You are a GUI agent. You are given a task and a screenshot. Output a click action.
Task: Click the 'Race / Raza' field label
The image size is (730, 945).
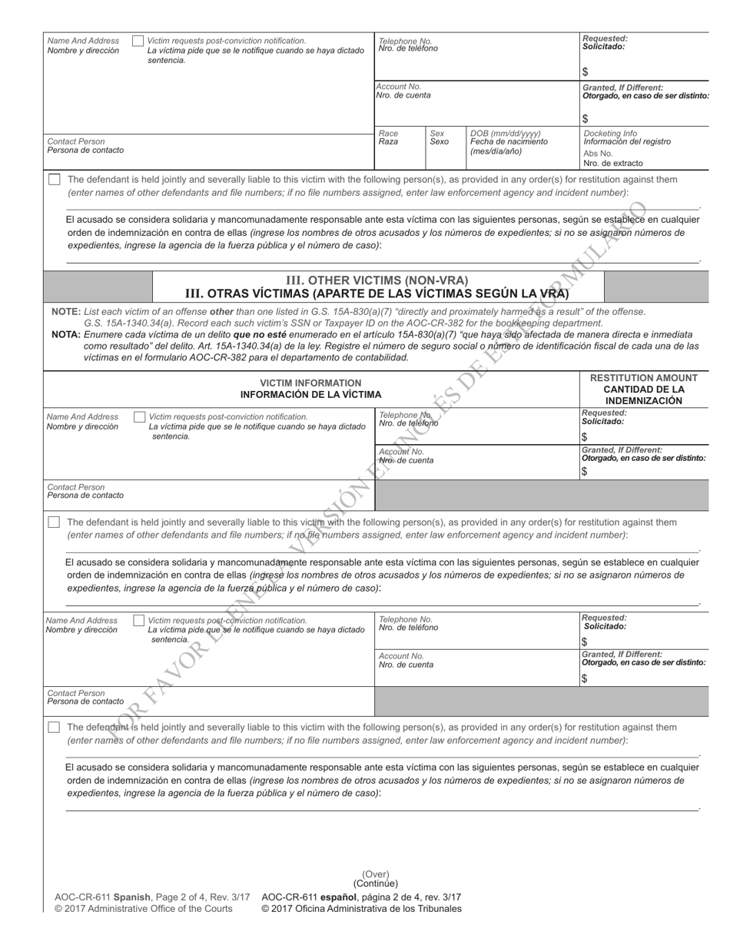coord(389,138)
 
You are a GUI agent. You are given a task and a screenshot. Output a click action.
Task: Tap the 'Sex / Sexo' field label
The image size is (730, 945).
coord(439,138)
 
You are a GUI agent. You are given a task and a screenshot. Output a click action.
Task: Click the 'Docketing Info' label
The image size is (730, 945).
coord(610,133)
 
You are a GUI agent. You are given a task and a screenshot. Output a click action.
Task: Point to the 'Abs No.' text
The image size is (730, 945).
coord(598,153)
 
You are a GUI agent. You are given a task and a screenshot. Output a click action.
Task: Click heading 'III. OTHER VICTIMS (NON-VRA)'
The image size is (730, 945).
coord(377,280)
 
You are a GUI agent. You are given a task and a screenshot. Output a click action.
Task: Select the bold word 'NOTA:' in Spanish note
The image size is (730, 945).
coord(66,335)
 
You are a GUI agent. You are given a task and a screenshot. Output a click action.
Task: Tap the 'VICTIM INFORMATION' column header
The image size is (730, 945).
coord(310,383)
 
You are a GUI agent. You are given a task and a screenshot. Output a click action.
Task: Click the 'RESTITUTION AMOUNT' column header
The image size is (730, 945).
coord(643,378)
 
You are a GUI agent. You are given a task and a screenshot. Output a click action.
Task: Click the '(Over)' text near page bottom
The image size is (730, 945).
coord(376,874)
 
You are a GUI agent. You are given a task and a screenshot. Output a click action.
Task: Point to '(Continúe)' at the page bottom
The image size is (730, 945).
coord(376,884)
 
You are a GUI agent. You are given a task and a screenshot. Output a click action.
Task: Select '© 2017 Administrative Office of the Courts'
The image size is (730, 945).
coord(143,909)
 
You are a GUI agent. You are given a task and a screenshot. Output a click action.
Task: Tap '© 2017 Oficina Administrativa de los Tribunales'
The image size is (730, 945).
coord(361,909)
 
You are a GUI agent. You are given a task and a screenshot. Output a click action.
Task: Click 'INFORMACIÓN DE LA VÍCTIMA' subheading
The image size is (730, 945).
coord(310,395)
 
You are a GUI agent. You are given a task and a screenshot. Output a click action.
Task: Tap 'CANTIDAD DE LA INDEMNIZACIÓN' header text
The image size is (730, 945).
coord(643,395)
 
